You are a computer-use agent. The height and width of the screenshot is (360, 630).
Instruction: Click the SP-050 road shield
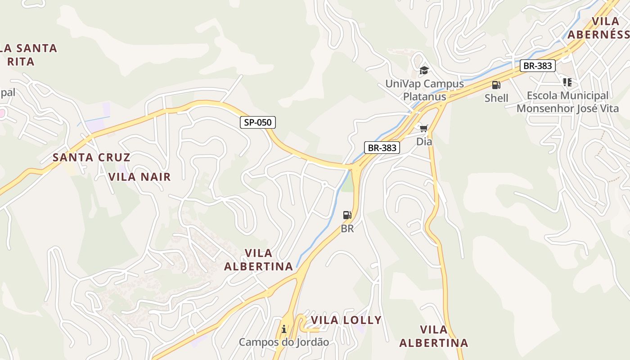click(x=258, y=122)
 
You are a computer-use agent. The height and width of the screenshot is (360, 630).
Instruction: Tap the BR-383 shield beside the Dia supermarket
click(x=382, y=147)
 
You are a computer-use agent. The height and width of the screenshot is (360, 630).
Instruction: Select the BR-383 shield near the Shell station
click(x=538, y=66)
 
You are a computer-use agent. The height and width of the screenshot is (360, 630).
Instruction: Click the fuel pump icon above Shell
click(x=496, y=85)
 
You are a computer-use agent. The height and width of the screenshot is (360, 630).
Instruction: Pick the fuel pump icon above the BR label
click(x=347, y=215)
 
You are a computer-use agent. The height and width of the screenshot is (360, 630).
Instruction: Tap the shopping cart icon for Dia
click(x=423, y=129)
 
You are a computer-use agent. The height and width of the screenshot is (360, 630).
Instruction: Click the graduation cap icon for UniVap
click(x=424, y=70)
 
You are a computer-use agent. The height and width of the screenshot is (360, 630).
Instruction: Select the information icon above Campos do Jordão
click(x=283, y=329)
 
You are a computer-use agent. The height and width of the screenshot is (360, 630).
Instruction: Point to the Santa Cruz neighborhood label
click(x=91, y=157)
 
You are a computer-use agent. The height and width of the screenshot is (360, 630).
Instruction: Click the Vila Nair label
click(x=139, y=177)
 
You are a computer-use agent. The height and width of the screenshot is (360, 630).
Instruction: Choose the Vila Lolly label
click(x=346, y=320)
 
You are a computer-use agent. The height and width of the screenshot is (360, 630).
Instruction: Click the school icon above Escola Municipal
click(x=567, y=82)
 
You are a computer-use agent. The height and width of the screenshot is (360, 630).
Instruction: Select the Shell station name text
click(x=496, y=98)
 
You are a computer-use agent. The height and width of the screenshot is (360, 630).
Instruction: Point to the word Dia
click(x=424, y=142)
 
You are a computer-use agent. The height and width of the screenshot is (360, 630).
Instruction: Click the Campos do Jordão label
click(x=283, y=342)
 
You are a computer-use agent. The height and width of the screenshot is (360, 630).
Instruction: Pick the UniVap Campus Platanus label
click(x=424, y=90)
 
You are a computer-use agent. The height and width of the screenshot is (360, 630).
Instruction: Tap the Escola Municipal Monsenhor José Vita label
click(x=567, y=102)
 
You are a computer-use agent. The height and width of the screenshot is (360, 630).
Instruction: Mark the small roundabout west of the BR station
click(x=324, y=184)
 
